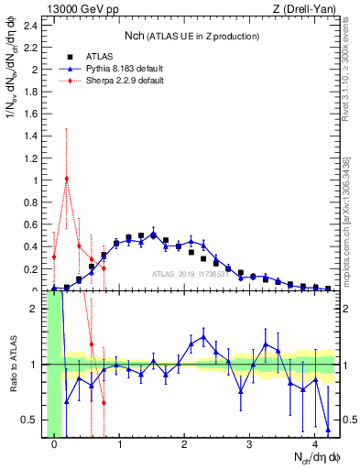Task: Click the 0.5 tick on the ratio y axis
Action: (33, 420)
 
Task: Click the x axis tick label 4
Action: (316, 445)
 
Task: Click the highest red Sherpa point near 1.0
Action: (67, 179)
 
